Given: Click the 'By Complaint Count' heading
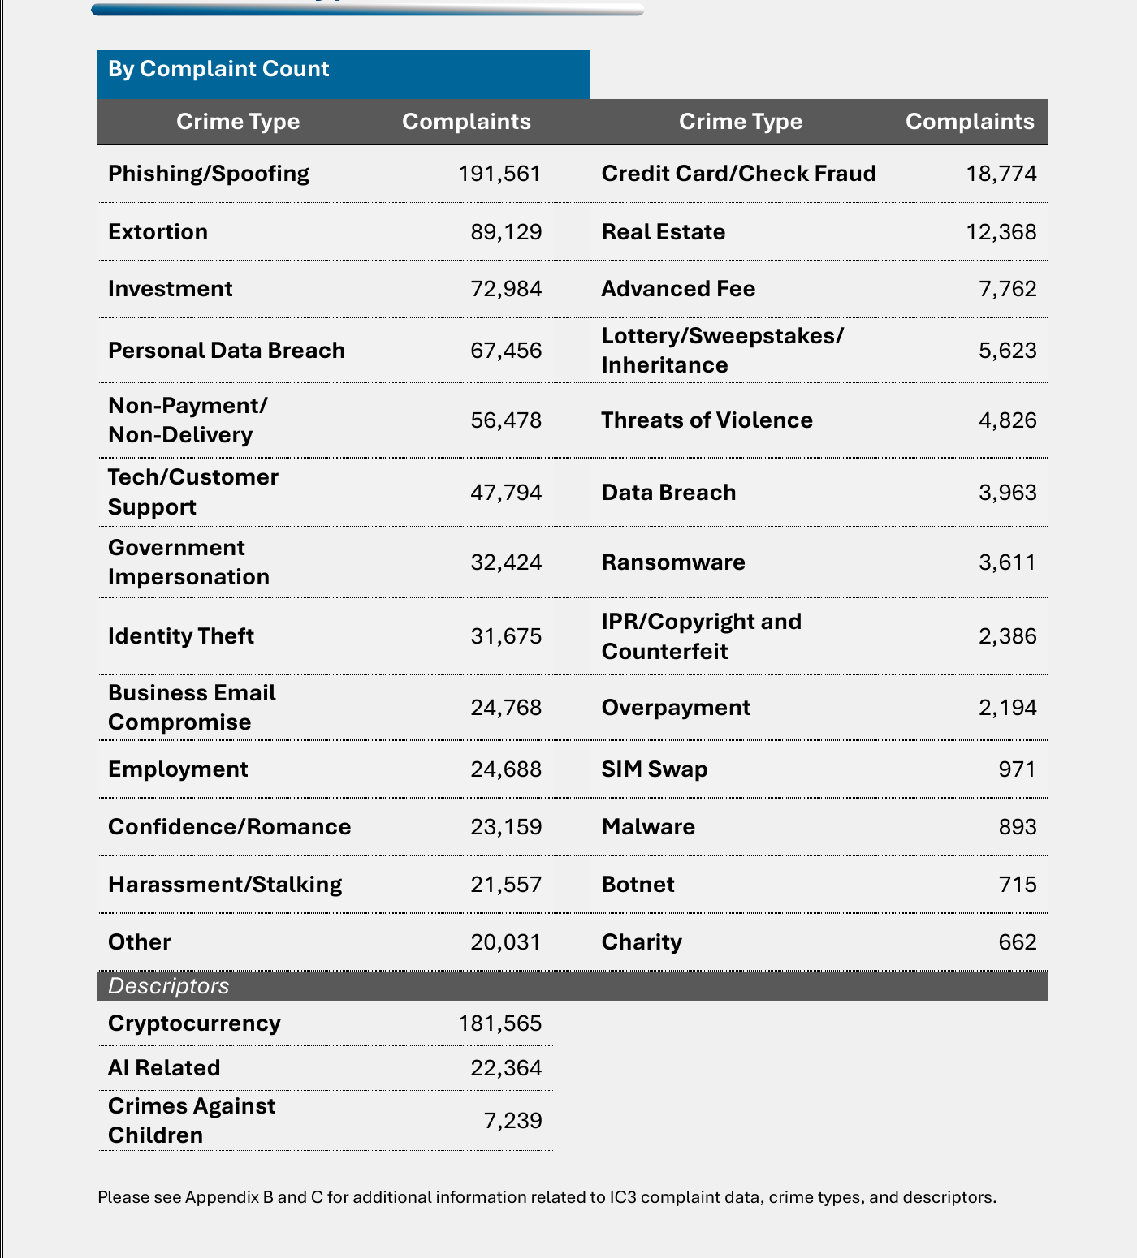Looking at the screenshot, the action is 218,69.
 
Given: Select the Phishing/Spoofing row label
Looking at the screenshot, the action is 209,174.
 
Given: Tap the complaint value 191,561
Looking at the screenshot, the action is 499,174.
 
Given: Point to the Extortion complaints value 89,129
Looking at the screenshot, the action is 506,232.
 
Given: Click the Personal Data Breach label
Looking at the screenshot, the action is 227,351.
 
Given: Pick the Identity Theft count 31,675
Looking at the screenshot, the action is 506,636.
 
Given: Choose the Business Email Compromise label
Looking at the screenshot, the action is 192,708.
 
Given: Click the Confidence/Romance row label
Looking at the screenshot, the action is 230,827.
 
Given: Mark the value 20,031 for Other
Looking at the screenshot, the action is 506,942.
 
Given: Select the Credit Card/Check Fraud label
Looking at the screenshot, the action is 739,174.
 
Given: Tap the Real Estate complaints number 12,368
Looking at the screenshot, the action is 1001,232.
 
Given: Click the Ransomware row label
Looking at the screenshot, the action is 673,562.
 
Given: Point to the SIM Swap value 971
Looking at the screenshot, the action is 1018,769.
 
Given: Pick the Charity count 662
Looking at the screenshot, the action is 1018,942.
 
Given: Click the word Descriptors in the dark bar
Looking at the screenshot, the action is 169,986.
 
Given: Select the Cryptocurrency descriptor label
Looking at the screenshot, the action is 194,1023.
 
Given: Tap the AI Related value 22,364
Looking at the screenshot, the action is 506,1068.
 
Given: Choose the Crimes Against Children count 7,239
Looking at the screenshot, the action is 512,1121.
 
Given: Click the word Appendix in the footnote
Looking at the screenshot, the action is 229,1197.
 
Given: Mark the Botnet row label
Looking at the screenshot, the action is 638,885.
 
